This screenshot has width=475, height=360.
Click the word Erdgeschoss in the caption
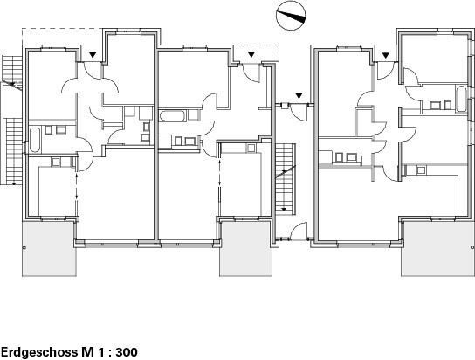(x=39, y=352)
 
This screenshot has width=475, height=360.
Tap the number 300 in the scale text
(x=127, y=352)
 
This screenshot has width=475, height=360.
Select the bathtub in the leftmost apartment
(x=35, y=140)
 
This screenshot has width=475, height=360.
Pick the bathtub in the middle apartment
(x=172, y=116)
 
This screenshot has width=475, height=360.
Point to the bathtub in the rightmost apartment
(x=461, y=99)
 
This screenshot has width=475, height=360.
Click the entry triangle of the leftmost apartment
(x=93, y=55)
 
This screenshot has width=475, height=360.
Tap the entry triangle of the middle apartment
(x=251, y=54)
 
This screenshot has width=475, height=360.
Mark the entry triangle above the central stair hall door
(x=299, y=96)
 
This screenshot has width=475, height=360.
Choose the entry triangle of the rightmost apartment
(x=385, y=55)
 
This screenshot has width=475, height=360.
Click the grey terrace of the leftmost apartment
(x=49, y=248)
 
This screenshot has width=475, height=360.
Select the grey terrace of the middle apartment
(x=245, y=248)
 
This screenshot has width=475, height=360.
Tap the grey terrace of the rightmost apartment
(x=437, y=248)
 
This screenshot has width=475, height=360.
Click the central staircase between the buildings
(x=285, y=179)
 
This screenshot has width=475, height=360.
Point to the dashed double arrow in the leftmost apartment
(x=77, y=186)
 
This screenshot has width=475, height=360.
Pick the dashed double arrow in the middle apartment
(x=219, y=173)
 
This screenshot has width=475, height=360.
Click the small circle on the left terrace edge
(x=24, y=248)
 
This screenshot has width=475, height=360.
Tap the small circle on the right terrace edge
(x=472, y=247)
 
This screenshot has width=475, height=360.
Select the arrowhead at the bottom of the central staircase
(x=284, y=209)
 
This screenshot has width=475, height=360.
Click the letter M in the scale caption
(x=86, y=352)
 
